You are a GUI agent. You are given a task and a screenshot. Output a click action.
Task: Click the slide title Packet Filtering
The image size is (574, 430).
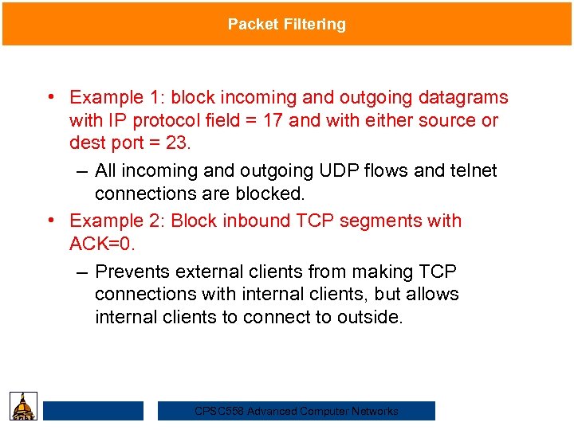pos(287,24)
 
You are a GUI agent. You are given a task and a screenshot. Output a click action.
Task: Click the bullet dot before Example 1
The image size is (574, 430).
pos(50,97)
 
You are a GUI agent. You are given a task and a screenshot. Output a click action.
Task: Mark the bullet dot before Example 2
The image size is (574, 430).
pos(50,221)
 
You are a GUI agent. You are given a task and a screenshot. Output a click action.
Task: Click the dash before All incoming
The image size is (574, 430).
pos(83,171)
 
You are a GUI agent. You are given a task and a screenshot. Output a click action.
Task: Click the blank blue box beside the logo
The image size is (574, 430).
pos(93,411)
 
